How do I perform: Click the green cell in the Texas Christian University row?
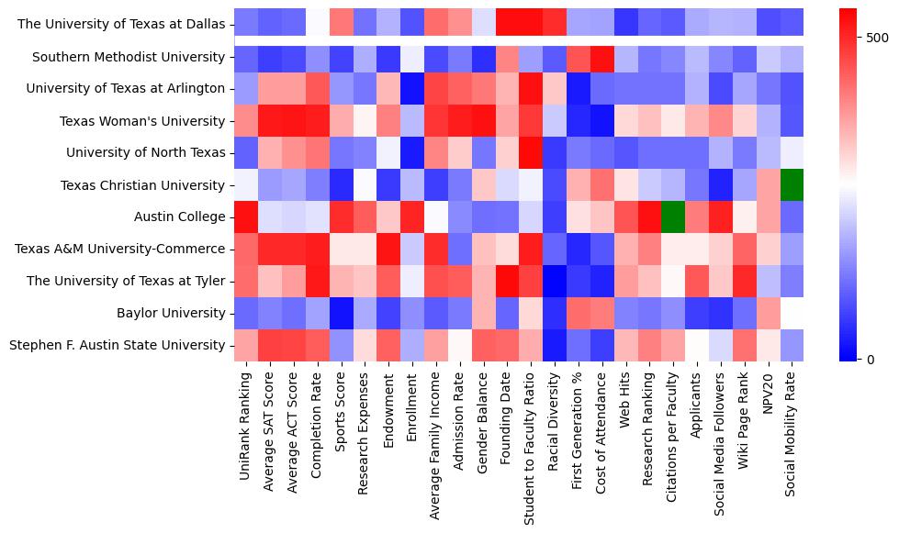[792, 185]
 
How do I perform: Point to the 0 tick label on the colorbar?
[857, 359]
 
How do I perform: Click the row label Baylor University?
[171, 314]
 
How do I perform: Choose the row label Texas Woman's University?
[142, 121]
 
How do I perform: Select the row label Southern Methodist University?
[129, 57]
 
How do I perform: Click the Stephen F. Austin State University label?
[117, 346]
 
